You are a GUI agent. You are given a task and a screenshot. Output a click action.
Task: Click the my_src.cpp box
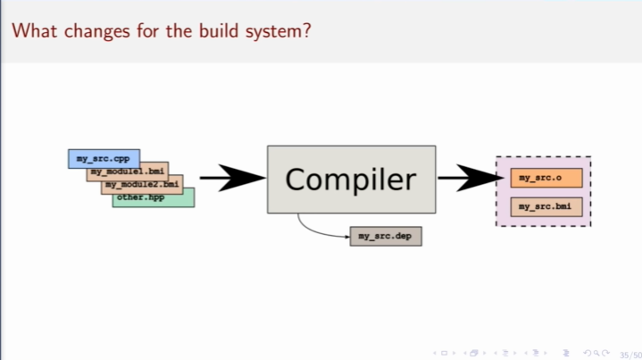coord(103,159)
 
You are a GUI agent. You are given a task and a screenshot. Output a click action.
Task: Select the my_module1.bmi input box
coord(127,171)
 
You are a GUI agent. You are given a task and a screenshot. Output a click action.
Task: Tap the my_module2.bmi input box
coord(143,183)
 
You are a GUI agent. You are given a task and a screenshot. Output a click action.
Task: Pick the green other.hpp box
coord(153,197)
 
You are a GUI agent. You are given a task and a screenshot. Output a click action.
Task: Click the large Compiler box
coord(351,179)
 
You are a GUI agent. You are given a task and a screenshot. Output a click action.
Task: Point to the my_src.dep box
coord(386,236)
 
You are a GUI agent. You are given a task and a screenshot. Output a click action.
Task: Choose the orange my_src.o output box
coord(546,178)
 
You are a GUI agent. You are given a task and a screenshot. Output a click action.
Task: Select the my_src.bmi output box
coord(546,206)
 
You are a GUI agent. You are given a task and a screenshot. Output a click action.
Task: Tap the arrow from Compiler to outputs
coord(469,179)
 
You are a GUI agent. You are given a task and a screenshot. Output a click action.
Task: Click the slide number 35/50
coord(629,354)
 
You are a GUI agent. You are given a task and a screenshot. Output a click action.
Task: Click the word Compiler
coord(351,180)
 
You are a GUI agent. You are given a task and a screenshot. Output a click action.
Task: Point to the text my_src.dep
coord(386,236)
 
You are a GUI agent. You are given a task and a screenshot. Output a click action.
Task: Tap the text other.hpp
coord(141,197)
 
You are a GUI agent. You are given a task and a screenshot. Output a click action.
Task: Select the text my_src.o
coord(540,178)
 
